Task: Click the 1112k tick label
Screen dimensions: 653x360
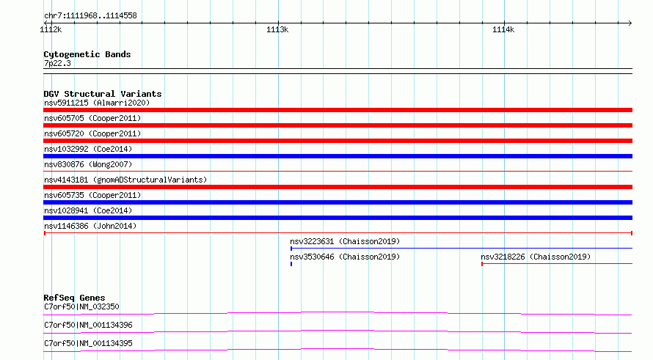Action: point(51,29)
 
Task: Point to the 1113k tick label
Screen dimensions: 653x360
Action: point(277,29)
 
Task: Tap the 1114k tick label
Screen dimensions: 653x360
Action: point(503,29)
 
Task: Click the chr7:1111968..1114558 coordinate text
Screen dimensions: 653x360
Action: point(90,15)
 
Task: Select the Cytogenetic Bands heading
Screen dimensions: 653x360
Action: point(87,54)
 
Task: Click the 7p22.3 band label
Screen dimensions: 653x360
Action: point(57,63)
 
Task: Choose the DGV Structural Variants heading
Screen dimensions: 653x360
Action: point(103,94)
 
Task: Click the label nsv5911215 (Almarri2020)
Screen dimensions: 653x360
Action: point(97,103)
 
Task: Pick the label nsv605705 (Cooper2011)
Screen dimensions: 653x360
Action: point(92,118)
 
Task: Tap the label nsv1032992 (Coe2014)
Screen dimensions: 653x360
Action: point(88,149)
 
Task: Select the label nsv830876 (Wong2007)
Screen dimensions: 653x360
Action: point(88,164)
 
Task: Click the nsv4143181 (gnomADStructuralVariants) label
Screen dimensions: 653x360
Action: point(125,180)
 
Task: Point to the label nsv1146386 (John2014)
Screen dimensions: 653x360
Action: point(90,226)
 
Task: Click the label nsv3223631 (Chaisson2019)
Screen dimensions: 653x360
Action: point(345,241)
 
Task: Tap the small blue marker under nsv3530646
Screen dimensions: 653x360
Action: point(291,264)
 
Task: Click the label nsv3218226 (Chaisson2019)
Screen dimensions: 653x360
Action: point(536,257)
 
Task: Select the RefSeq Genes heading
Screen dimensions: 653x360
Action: point(74,298)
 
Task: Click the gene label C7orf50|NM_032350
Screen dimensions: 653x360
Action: point(81,306)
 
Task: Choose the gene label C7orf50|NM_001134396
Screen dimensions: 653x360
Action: point(88,325)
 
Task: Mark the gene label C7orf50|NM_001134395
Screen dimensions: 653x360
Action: point(88,343)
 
